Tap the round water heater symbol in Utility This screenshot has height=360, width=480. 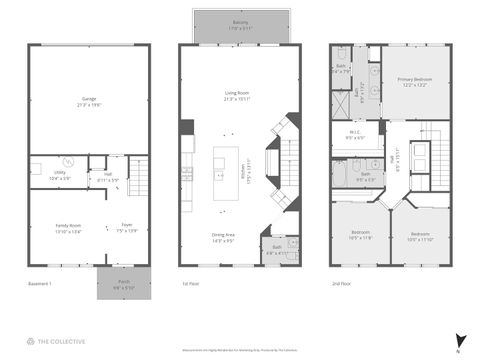[69, 162]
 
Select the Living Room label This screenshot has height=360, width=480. [240, 96]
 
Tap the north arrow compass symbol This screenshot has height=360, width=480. [459, 340]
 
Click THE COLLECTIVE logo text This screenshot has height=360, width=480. [61, 341]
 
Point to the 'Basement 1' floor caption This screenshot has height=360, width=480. [40, 284]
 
